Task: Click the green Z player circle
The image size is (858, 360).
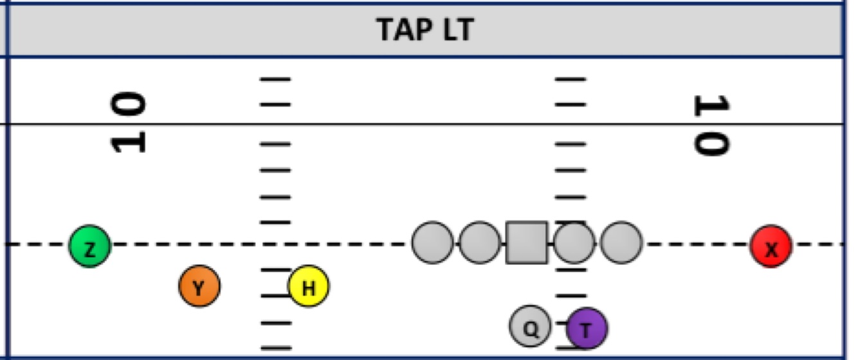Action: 90,246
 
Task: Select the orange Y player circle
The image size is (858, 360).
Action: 199,286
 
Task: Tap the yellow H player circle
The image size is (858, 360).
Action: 309,286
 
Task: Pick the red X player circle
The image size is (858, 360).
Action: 771,246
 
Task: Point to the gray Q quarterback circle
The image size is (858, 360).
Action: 530,327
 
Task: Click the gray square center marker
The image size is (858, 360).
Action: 527,243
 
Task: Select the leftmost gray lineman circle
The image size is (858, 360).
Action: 432,243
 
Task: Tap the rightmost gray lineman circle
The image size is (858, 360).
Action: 621,243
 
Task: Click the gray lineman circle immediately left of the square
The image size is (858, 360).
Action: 480,243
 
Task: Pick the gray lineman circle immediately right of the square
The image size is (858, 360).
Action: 574,243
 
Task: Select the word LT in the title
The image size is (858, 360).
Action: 455,30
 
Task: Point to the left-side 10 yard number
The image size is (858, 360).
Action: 129,122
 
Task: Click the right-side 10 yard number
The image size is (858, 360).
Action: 711,125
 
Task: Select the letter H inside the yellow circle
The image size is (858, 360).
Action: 309,288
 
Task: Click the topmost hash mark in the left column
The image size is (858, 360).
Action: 275,79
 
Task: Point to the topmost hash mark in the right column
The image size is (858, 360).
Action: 570,79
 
